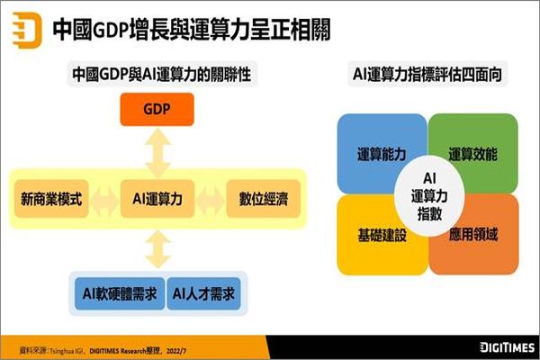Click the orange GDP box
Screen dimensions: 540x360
click(157, 109)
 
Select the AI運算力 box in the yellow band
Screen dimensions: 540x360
click(157, 198)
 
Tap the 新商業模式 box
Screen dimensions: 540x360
click(51, 198)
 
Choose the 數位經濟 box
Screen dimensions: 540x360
click(264, 198)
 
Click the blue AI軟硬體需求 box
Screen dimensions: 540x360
click(120, 293)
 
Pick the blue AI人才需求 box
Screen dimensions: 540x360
click(203, 293)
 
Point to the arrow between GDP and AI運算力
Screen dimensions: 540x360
click(157, 153)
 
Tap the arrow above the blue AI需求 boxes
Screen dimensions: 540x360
click(158, 249)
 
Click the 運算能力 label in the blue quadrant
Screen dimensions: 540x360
click(382, 154)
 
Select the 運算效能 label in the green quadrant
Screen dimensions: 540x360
click(472, 154)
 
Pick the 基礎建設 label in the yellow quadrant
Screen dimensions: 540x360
click(382, 235)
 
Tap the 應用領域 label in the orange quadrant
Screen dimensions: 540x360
click(473, 234)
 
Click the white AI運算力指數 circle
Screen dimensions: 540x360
click(429, 196)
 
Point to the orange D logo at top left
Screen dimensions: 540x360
click(27, 30)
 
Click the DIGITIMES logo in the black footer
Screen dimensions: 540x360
click(507, 347)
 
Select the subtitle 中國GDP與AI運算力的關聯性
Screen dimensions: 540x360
click(162, 74)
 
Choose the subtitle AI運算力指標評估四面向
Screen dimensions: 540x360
click(427, 74)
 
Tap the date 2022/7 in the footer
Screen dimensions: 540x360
click(176, 351)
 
